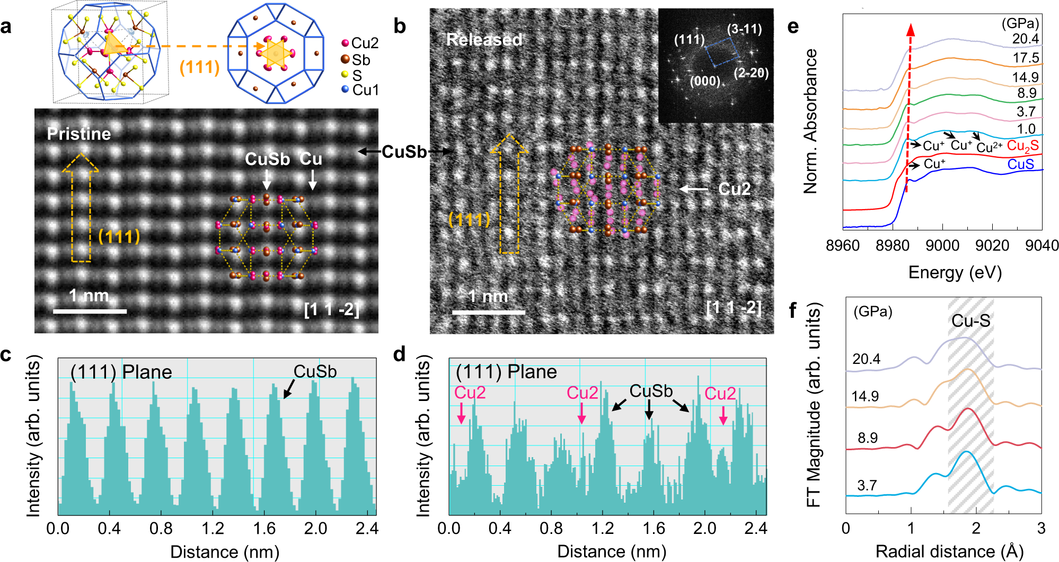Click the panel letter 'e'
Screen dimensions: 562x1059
coord(793,26)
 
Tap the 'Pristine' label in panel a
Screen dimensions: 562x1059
coord(79,134)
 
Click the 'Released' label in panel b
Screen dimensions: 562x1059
coord(484,40)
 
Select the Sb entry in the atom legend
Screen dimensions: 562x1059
coord(360,60)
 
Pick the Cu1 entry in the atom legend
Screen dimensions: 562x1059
coord(365,90)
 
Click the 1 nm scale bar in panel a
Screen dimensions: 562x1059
coord(90,311)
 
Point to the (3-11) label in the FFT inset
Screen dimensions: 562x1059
coord(744,29)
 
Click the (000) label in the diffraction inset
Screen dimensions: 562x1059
coord(705,81)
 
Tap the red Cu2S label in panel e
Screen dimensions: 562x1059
coord(1022,146)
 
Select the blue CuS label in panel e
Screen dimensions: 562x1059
coord(1020,164)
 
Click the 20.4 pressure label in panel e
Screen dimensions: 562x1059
coord(1025,39)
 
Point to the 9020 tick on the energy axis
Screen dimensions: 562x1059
coord(992,245)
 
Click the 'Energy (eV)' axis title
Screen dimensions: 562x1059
coord(955,272)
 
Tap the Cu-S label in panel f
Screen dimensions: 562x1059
coord(970,320)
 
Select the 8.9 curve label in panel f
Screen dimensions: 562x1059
coord(868,438)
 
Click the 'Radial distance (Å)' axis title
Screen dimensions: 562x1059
coord(949,551)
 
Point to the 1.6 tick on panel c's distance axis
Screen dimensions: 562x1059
coord(264,528)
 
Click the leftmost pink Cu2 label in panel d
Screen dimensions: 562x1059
coord(470,393)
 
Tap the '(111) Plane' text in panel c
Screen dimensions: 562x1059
coord(121,372)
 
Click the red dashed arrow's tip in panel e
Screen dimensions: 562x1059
coord(911,28)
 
